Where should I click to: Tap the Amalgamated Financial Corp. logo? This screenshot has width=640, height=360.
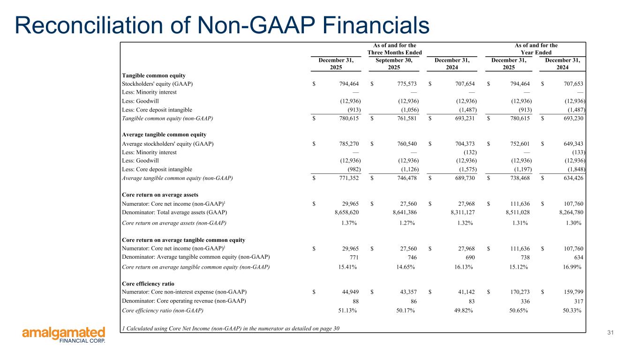coord(64,335)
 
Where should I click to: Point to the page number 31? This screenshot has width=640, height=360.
coord(610,332)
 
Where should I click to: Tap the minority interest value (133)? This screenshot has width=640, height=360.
coord(578,152)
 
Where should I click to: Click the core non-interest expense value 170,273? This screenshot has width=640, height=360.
coord(514,292)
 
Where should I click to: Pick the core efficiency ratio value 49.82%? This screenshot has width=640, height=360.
coord(460,310)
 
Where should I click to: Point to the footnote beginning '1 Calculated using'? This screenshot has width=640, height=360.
coord(231,328)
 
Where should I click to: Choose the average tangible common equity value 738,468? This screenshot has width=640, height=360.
coord(514,178)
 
